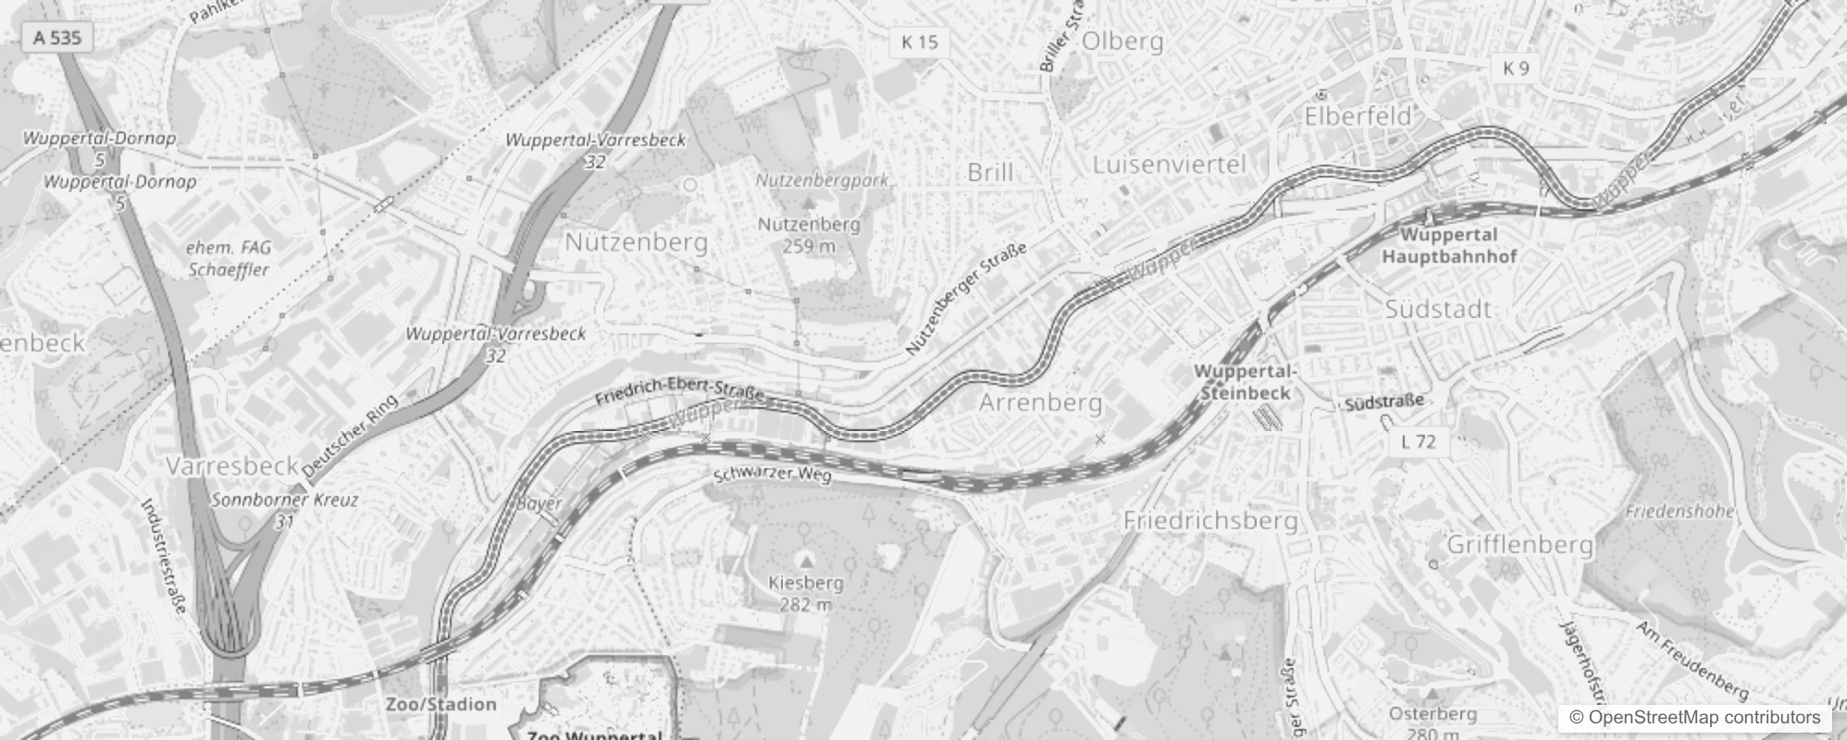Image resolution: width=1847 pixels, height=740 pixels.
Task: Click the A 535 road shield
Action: tap(56, 38)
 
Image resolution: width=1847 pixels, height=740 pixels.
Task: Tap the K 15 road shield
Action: tap(919, 42)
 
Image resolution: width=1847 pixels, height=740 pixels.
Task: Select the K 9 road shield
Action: tap(1516, 68)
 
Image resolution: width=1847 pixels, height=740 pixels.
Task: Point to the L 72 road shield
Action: tap(1418, 441)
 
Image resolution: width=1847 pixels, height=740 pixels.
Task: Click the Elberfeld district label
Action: tap(1357, 117)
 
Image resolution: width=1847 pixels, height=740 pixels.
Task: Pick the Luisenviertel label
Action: tap(1170, 165)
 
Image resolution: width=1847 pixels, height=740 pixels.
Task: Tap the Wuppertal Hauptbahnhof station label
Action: tap(1449, 245)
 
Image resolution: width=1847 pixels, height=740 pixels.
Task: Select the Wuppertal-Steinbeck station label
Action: tap(1245, 381)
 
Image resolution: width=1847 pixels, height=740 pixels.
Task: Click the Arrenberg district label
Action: tap(1040, 402)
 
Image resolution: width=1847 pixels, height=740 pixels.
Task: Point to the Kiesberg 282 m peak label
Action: tap(806, 593)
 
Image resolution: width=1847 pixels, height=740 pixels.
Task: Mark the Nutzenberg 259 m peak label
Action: tap(809, 234)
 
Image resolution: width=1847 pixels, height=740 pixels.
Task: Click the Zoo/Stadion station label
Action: tap(440, 704)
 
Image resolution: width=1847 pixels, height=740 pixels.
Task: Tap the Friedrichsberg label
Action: tap(1210, 521)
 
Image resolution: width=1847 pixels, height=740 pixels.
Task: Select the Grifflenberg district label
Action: tap(1519, 544)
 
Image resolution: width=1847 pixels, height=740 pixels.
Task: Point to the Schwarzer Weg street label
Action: tap(772, 475)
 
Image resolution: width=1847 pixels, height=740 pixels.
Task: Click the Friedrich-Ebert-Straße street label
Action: tap(679, 391)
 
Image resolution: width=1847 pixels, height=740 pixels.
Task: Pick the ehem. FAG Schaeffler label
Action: tap(229, 258)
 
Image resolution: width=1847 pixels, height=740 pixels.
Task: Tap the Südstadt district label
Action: tap(1438, 309)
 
